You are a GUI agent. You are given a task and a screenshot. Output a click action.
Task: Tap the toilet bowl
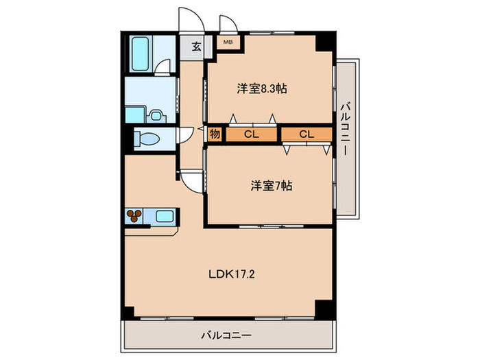(147, 139)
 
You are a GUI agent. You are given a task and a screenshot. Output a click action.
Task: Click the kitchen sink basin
(165, 217)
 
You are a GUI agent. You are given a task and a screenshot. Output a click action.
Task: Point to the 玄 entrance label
(195, 47)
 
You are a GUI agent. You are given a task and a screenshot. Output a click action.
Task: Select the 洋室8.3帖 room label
(262, 88)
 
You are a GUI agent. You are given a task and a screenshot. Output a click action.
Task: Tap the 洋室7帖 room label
(271, 185)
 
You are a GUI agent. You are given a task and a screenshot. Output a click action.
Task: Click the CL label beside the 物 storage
(251, 134)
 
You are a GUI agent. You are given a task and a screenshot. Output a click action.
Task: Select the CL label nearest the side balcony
(306, 134)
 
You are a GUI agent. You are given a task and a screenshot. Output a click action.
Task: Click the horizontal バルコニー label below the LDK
(226, 335)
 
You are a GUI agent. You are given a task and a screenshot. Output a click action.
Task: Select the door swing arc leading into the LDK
(193, 181)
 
